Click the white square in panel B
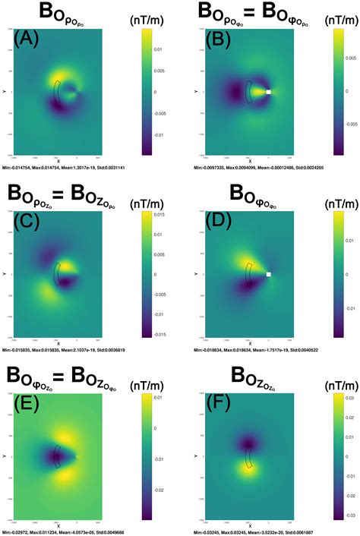point(268,91)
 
